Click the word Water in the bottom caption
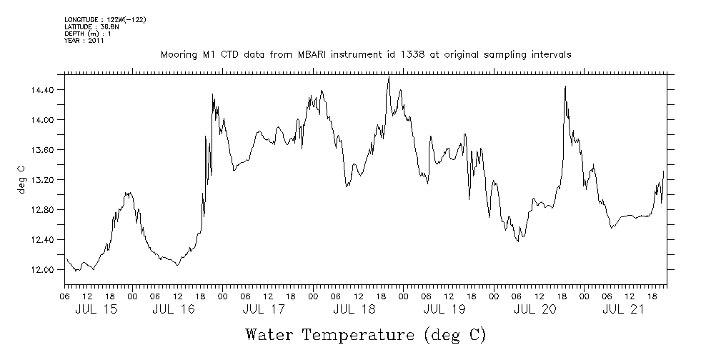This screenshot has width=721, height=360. coord(270,334)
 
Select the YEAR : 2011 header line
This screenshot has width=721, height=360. coord(84,41)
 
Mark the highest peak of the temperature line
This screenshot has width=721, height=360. coord(389,77)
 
